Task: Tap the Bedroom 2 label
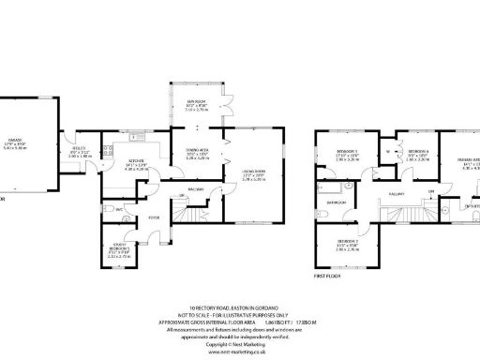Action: pos(346,245)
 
